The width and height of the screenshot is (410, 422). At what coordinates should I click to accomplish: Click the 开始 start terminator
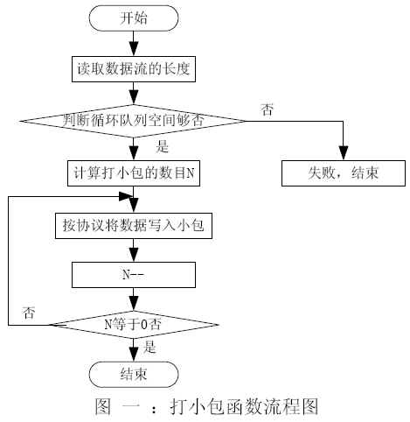(134, 18)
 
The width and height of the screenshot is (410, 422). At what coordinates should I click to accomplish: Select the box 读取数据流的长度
(134, 69)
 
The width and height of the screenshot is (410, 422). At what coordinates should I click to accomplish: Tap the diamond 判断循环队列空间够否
(133, 121)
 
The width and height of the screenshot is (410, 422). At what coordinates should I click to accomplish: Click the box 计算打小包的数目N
(134, 173)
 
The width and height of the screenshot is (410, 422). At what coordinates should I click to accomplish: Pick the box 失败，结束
(344, 173)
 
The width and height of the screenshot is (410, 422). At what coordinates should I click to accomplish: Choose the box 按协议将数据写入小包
(134, 226)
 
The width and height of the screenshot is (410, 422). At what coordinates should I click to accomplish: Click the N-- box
(134, 275)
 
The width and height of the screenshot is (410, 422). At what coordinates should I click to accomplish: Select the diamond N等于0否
(134, 325)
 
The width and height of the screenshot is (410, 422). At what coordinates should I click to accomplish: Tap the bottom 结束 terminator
(134, 375)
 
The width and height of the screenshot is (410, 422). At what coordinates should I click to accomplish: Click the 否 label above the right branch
(267, 109)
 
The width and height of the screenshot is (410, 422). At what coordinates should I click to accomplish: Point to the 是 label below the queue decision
(162, 146)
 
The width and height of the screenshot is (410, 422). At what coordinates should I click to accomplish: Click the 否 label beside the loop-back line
(29, 313)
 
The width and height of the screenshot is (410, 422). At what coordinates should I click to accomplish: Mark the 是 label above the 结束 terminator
(149, 348)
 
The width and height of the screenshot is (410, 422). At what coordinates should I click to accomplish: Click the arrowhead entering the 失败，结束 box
(344, 152)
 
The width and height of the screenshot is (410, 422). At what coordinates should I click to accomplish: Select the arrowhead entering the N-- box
(134, 254)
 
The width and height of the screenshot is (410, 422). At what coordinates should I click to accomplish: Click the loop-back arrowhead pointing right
(126, 196)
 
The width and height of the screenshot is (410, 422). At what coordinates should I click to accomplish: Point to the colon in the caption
(154, 407)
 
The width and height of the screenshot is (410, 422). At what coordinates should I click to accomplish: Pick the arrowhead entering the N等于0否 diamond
(134, 303)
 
